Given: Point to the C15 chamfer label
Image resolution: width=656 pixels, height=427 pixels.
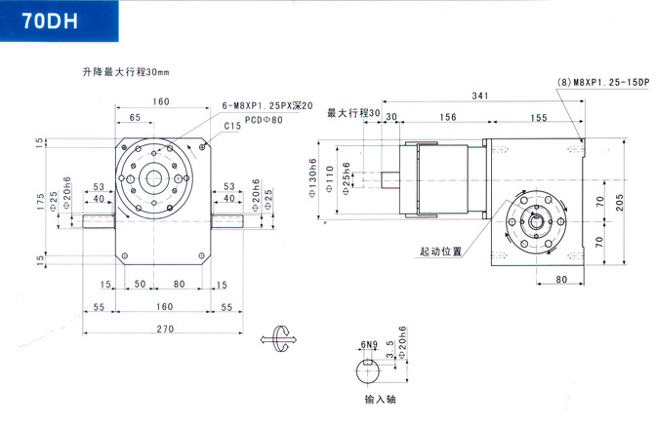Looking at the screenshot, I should [x=232, y=126].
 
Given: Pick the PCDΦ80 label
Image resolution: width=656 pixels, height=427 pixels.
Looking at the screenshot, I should [x=263, y=120].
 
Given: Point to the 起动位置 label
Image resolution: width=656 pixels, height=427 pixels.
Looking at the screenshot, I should [x=440, y=251].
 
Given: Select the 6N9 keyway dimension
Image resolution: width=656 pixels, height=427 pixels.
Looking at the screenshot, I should [x=369, y=344].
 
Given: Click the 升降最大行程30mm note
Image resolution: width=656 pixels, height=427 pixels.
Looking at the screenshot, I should [x=126, y=72].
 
